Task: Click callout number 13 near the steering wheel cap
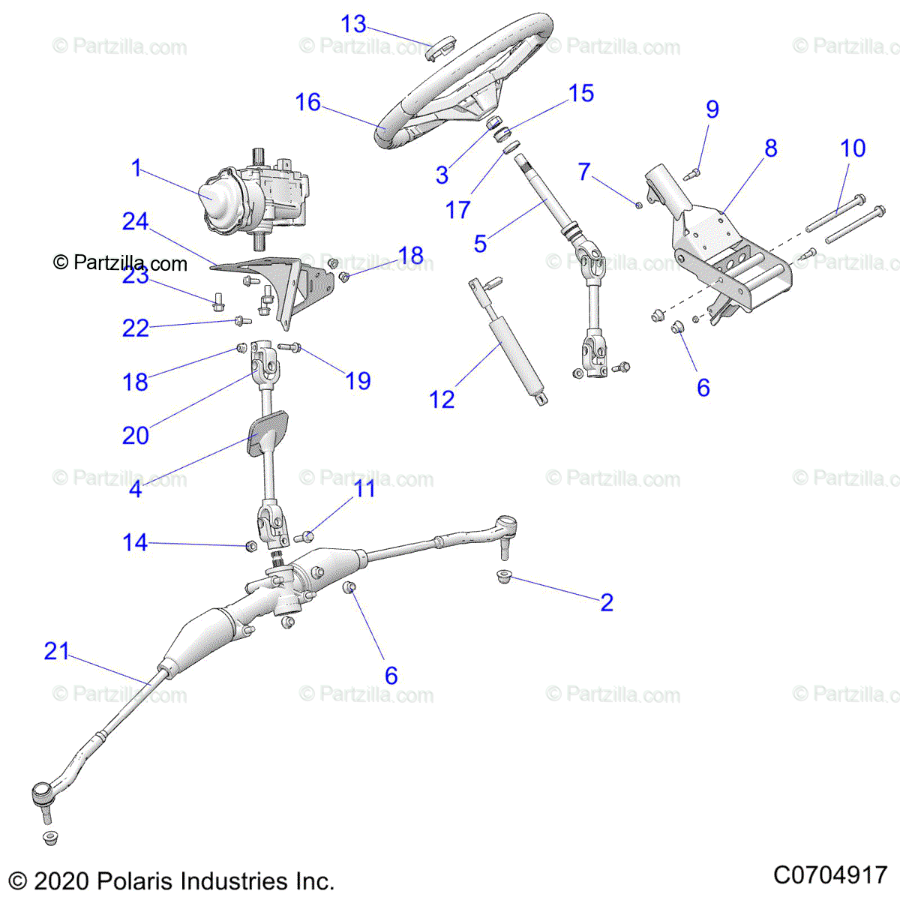pyautogui.click(x=353, y=24)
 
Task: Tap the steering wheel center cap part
pyautogui.click(x=437, y=51)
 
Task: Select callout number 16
pyautogui.click(x=307, y=102)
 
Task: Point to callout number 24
pyautogui.click(x=135, y=221)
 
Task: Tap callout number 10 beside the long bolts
pyautogui.click(x=853, y=148)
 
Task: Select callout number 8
pyautogui.click(x=771, y=148)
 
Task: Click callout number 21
pyautogui.click(x=56, y=651)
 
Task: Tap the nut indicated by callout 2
pyautogui.click(x=503, y=577)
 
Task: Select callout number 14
pyautogui.click(x=135, y=542)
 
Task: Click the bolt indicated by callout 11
pyautogui.click(x=305, y=535)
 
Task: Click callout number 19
pyautogui.click(x=358, y=380)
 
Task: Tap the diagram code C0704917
pyautogui.click(x=830, y=874)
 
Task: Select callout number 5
pyautogui.click(x=480, y=243)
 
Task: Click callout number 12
pyautogui.click(x=442, y=399)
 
